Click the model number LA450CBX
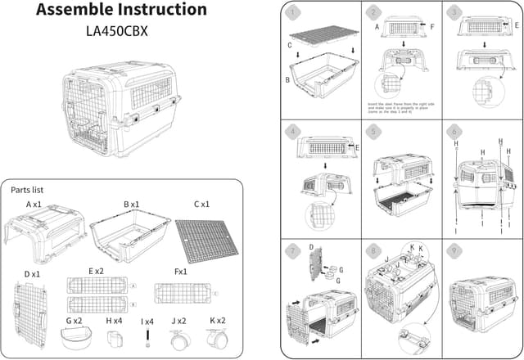click(121, 34)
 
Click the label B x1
click(132, 204)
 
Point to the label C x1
click(201, 204)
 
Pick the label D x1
click(34, 273)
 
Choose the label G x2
click(75, 322)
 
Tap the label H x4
click(114, 322)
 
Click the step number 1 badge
click(292, 14)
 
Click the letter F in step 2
click(432, 27)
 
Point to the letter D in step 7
click(311, 245)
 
